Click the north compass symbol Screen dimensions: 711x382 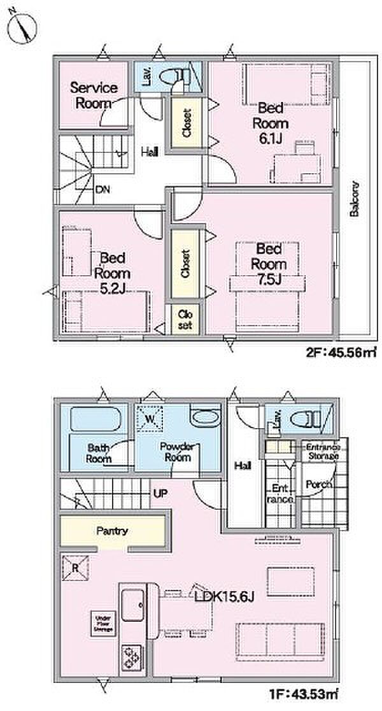(22, 26)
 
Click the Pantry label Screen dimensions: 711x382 (113, 529)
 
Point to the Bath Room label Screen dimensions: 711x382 (99, 453)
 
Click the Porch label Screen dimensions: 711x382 (318, 484)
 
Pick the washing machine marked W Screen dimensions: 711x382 (152, 419)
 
